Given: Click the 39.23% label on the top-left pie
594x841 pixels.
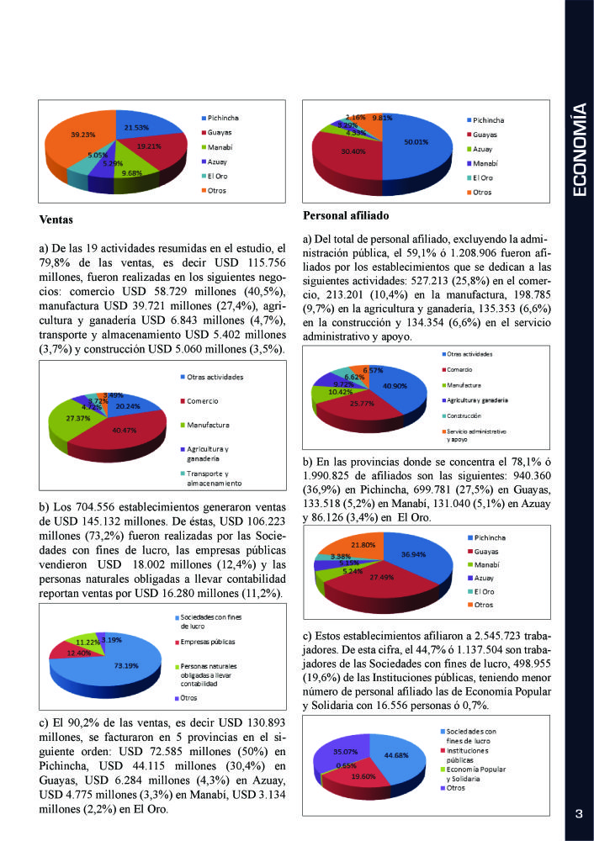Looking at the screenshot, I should coord(59,133).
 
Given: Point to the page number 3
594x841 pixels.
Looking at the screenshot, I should coord(579,813).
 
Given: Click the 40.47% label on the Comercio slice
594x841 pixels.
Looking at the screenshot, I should coord(123,430).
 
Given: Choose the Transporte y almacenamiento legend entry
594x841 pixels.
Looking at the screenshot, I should coord(215,479).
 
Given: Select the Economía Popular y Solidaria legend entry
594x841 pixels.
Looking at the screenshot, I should coord(477,774).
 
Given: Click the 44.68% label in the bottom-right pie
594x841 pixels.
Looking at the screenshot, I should coord(395,754).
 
